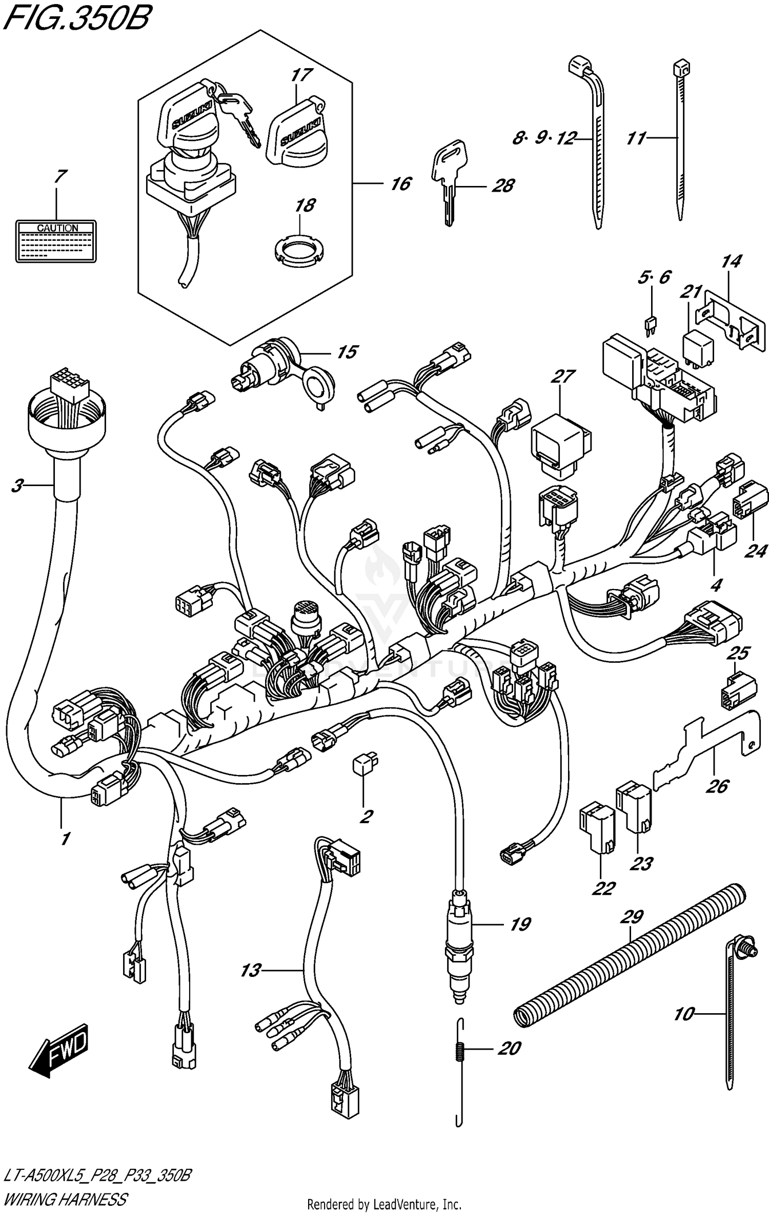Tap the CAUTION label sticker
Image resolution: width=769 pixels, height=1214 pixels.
(56, 241)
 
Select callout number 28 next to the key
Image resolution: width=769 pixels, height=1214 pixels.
(503, 186)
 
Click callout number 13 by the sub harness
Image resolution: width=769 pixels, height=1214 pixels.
(251, 970)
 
